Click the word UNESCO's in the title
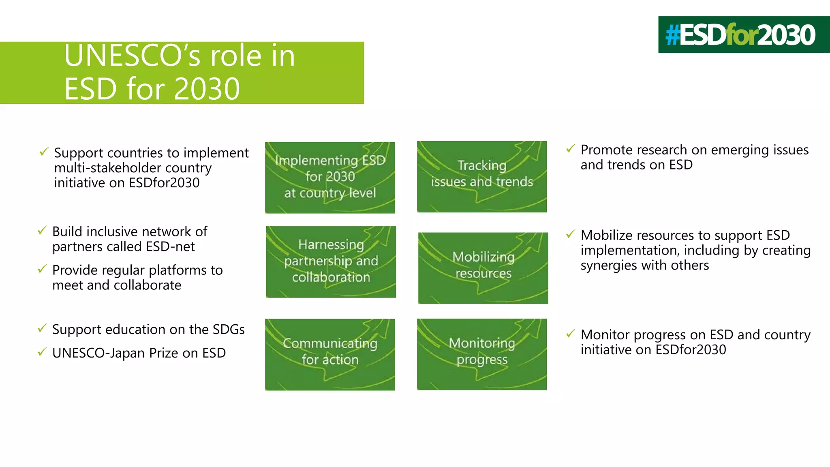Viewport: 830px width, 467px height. coord(132,56)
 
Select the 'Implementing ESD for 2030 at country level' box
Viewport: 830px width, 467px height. coord(330,178)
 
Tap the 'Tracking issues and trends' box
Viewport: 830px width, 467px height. coord(481,177)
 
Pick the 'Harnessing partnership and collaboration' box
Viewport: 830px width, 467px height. coord(331,262)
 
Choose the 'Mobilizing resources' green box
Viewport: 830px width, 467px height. coord(483,268)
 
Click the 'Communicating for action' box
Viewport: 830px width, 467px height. coord(330,354)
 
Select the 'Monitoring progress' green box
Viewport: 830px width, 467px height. coord(481,354)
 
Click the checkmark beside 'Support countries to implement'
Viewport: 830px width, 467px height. coord(44,152)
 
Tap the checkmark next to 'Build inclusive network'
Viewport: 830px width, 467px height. coord(42,230)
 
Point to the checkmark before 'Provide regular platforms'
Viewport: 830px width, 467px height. coord(42,269)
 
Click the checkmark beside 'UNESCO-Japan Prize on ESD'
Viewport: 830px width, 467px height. coord(42,352)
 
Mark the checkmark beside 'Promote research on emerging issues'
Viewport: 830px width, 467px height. coord(570,148)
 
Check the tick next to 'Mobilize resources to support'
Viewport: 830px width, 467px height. coord(570,234)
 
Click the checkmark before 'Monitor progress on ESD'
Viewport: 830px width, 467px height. coord(570,334)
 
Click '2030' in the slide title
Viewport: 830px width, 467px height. coord(207,89)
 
